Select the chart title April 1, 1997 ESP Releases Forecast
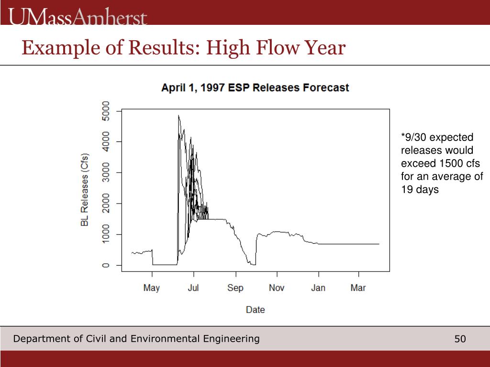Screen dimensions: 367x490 tap(255, 88)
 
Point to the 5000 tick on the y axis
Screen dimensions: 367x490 tap(106, 110)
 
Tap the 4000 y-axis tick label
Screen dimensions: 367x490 tap(106, 141)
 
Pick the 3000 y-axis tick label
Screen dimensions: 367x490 tap(106, 173)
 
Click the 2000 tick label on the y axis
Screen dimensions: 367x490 tap(106, 204)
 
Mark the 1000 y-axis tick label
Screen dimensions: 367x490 tap(106, 235)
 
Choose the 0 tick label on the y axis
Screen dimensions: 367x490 tap(106, 265)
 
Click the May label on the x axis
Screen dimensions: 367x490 tap(152, 288)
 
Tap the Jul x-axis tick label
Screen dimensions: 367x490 tap(193, 288)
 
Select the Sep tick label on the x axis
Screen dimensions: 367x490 tap(235, 288)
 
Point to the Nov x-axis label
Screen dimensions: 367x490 tap(277, 288)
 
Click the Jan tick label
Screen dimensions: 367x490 tap(318, 288)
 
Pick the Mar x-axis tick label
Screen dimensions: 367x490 tap(358, 288)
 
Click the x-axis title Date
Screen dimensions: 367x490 tap(255, 310)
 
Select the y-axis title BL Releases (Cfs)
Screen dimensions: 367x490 tap(85, 190)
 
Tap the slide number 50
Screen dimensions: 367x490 tap(460, 339)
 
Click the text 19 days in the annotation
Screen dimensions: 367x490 tap(420, 190)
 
